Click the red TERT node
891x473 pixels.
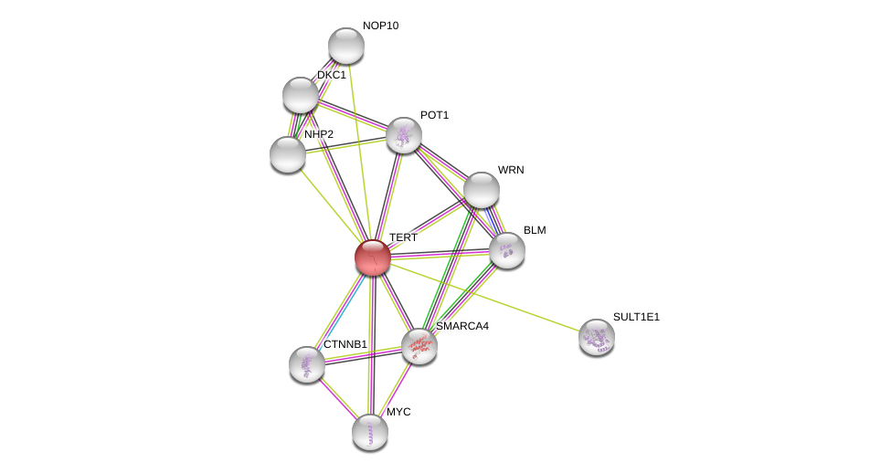click(x=373, y=258)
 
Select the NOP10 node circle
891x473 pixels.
click(x=346, y=46)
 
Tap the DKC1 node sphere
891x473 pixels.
click(x=301, y=95)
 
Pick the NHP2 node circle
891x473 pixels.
click(x=288, y=154)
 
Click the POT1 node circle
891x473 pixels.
click(x=404, y=135)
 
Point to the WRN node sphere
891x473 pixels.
click(x=482, y=190)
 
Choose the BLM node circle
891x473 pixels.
click(x=507, y=250)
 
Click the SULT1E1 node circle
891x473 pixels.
click(x=597, y=337)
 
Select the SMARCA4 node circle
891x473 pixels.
click(x=419, y=346)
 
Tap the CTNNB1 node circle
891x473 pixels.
click(x=307, y=364)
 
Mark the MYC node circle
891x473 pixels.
click(x=370, y=432)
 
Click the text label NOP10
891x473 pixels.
click(x=380, y=26)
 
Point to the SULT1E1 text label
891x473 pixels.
click(x=636, y=317)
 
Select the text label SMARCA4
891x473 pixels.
click(x=461, y=326)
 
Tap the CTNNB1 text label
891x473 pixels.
click(x=345, y=344)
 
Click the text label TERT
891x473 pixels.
click(x=403, y=237)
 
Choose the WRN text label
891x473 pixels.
click(x=511, y=170)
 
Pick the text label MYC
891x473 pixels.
click(x=398, y=412)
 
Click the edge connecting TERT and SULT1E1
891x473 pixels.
click(x=484, y=297)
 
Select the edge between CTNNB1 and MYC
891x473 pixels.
click(x=338, y=398)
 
